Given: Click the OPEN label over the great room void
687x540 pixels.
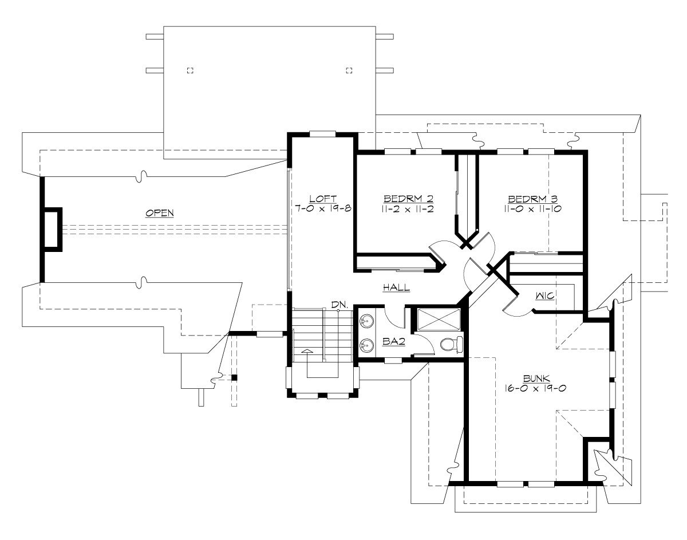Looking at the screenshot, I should tap(160, 212).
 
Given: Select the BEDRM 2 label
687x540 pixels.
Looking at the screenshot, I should tap(404, 199).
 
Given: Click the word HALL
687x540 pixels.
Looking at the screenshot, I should tap(396, 287).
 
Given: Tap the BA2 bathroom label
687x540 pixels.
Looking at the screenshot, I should tap(394, 342).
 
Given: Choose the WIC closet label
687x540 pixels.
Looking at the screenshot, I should tap(544, 297).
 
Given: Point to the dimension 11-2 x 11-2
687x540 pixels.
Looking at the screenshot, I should tap(404, 209).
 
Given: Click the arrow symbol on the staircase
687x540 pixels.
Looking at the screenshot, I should tap(307, 351).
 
